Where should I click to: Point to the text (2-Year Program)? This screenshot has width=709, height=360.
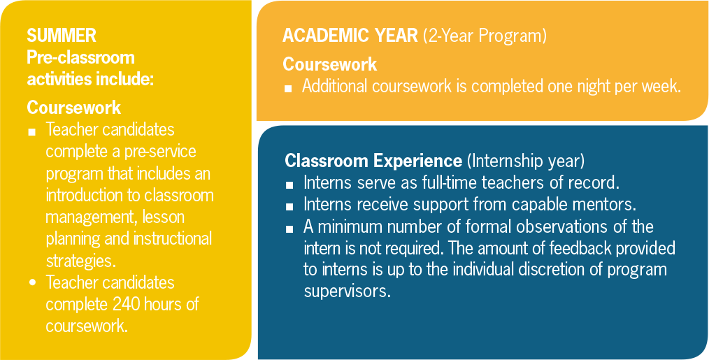click(485, 36)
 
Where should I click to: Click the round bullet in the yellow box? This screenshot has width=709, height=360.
click(32, 282)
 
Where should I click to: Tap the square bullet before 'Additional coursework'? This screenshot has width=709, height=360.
click(288, 89)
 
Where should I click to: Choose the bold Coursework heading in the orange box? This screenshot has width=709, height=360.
click(329, 65)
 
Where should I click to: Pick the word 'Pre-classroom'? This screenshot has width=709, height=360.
click(81, 58)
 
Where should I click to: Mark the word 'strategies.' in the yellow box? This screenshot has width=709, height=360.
click(78, 261)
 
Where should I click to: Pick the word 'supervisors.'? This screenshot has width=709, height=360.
click(347, 291)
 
